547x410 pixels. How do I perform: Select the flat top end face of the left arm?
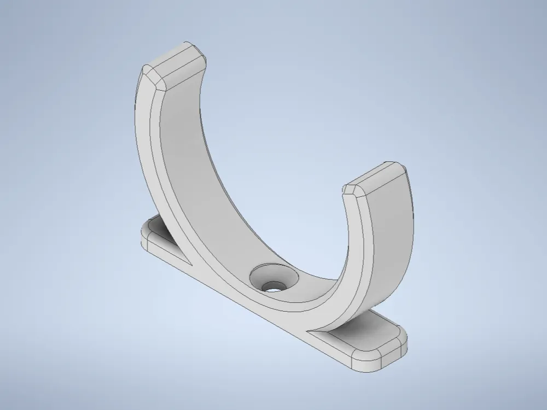click(x=181, y=62)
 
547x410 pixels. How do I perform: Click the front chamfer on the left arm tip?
click(x=154, y=78)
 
